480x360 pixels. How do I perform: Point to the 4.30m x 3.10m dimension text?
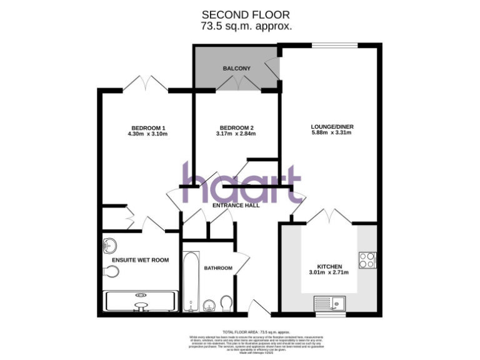click(x=147, y=134)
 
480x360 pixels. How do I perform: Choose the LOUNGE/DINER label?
click(x=332, y=127)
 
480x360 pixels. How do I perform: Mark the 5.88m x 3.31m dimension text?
click(x=332, y=134)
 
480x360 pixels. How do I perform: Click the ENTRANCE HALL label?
click(x=236, y=206)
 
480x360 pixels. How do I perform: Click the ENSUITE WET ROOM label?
click(x=140, y=260)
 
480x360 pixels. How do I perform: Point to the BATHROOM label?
click(x=218, y=268)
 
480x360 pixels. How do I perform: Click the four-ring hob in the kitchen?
click(x=367, y=260)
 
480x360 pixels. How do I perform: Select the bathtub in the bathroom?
click(x=190, y=281)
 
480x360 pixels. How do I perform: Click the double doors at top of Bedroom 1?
click(x=146, y=84)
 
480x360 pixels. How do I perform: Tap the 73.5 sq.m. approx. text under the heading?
click(x=246, y=26)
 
